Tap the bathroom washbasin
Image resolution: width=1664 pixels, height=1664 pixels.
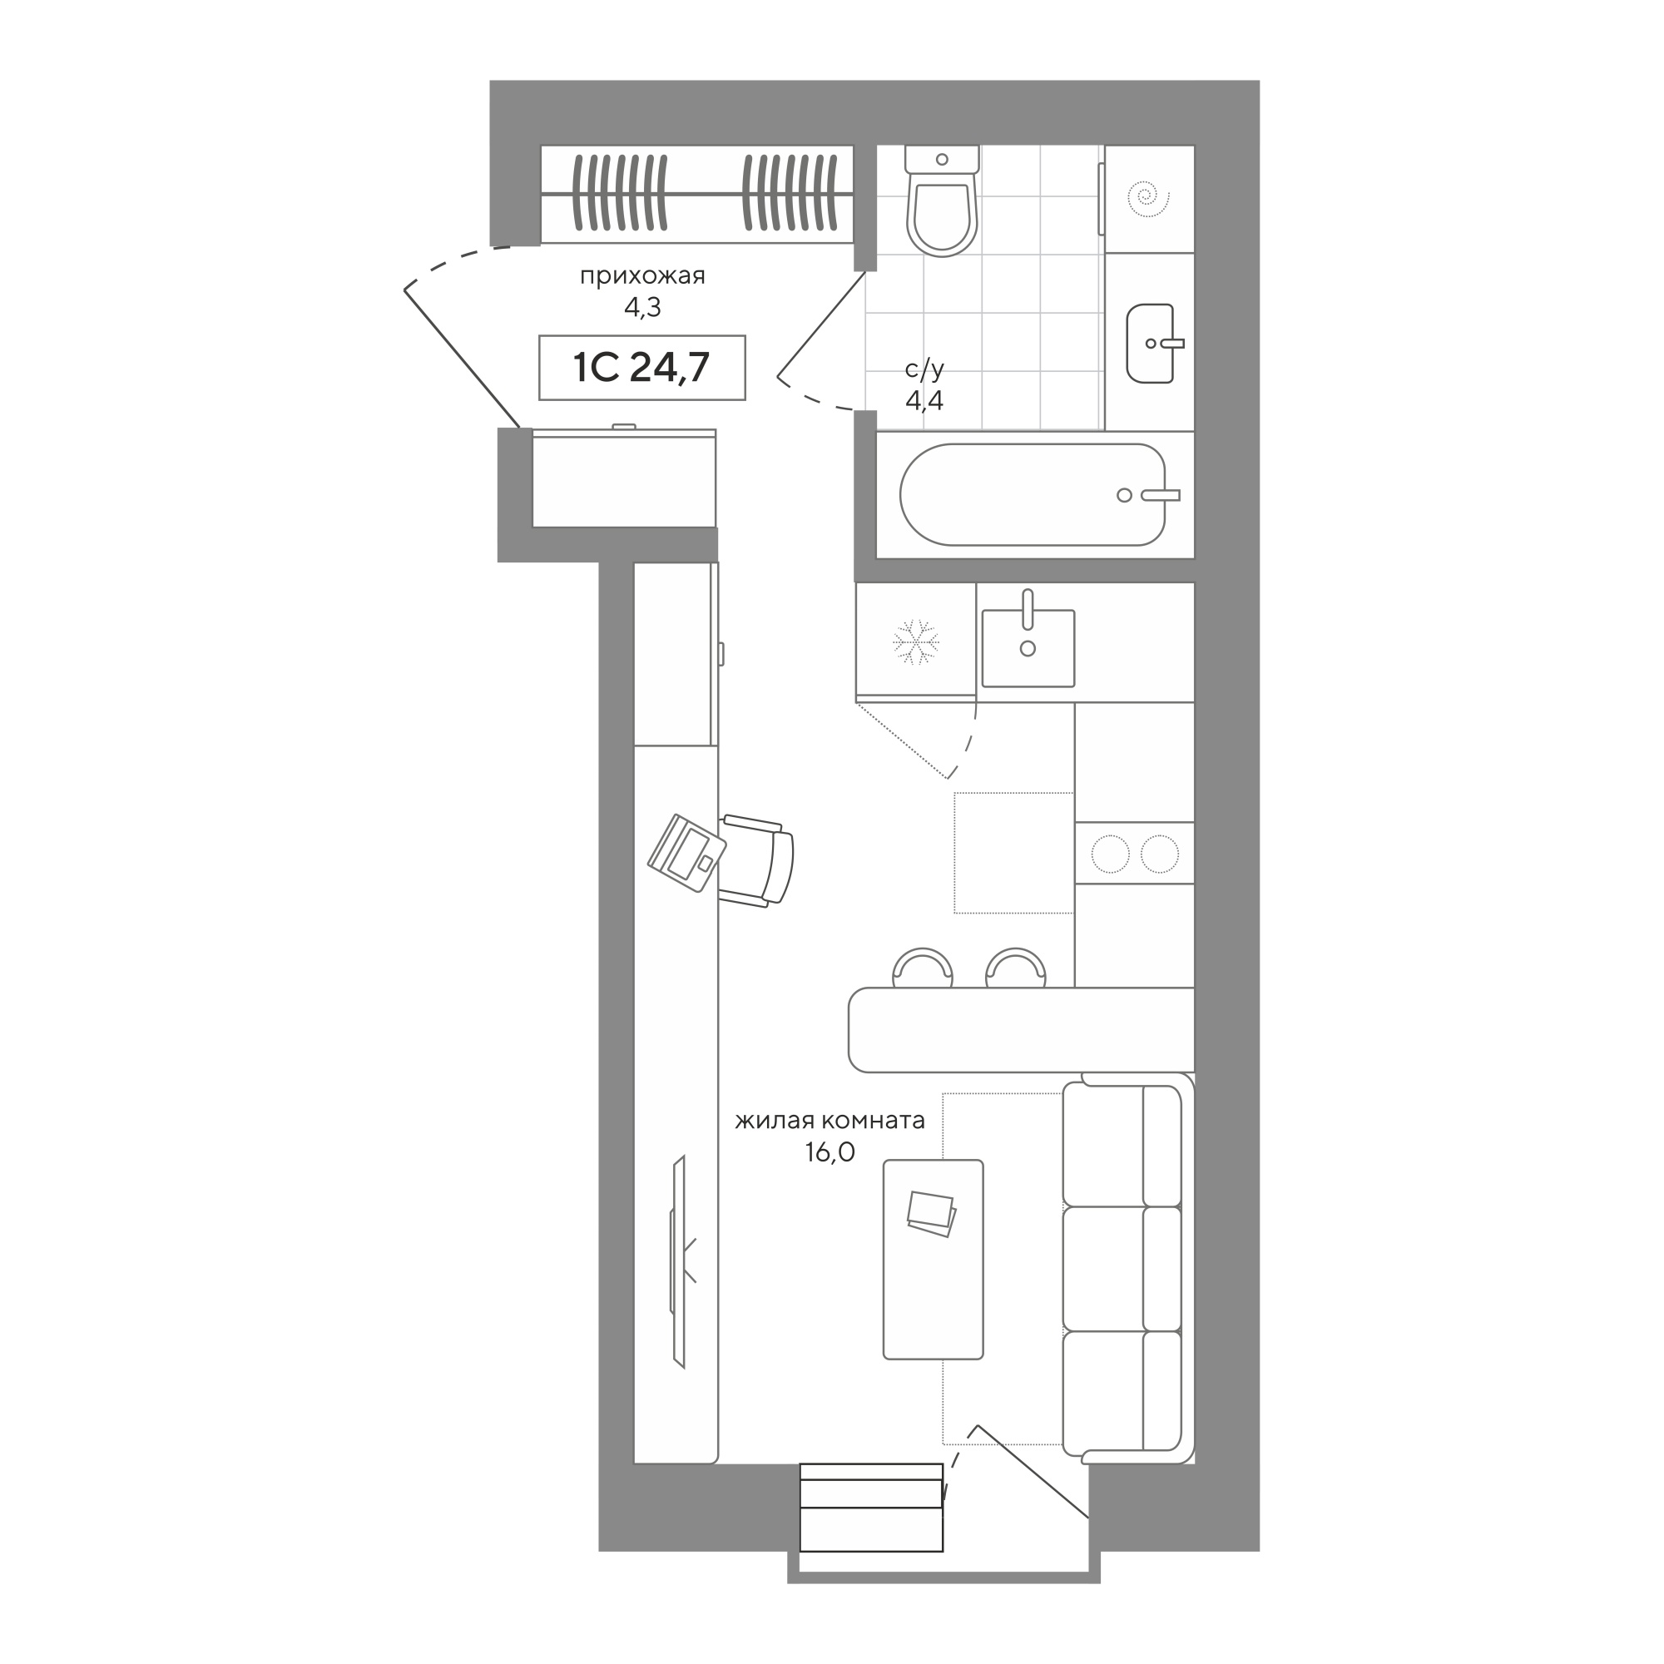point(1151,343)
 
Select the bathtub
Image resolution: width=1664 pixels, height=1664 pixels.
point(1033,494)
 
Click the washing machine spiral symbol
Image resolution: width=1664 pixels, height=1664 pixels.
point(1148,198)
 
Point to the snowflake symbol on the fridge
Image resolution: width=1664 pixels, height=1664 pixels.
point(915,641)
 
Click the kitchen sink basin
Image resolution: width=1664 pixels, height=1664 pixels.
point(1028,647)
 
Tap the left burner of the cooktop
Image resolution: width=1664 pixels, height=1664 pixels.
point(1110,854)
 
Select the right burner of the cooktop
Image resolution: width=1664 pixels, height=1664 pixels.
point(1159,854)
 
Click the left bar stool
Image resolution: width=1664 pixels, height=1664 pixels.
point(923,968)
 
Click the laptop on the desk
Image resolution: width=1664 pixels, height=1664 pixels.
point(686,852)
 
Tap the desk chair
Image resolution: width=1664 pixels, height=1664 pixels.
point(756,859)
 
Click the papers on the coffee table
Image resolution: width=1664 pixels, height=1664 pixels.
point(931,1215)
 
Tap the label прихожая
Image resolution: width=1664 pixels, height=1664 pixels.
point(642,275)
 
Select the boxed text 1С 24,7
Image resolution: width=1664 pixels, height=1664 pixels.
point(641,368)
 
